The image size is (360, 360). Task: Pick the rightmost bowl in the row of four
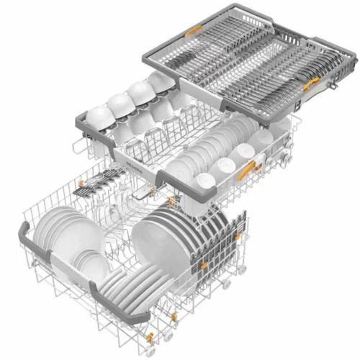tap(160, 81)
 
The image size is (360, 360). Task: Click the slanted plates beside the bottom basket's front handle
tap(126, 284)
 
